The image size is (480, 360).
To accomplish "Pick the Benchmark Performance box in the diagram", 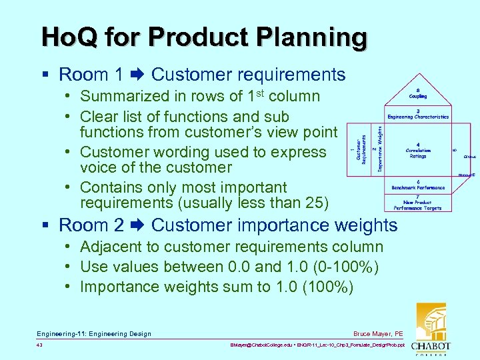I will tap(418, 185).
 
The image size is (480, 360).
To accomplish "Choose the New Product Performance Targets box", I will tap(418, 202).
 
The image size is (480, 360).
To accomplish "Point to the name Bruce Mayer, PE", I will tap(378, 333).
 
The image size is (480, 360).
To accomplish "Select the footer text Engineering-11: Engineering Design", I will tap(94, 333).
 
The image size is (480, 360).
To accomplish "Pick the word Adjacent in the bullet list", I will tap(108, 247).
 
